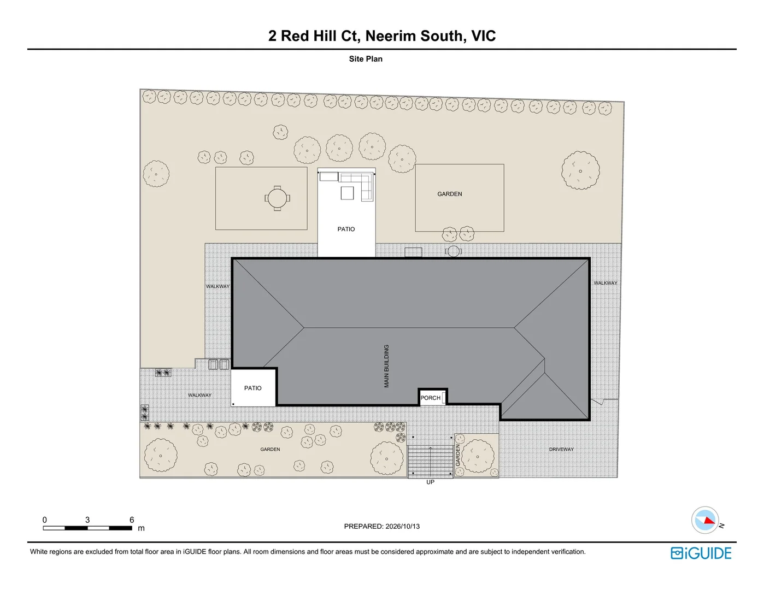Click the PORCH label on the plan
point(430,398)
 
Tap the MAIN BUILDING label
point(386,366)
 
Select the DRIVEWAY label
point(561,449)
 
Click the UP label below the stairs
point(430,482)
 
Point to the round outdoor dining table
point(277,198)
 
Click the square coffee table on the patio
point(347,193)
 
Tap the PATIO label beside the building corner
point(253,388)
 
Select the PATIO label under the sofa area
point(346,229)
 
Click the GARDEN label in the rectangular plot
point(449,194)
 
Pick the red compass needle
point(710,520)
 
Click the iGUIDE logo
point(701,553)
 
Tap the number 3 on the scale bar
point(87,520)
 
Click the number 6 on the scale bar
point(132,520)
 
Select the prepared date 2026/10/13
point(402,527)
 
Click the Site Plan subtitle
point(366,58)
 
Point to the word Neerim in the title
point(391,36)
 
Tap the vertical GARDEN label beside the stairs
point(458,455)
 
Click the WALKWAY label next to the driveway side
point(606,283)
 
